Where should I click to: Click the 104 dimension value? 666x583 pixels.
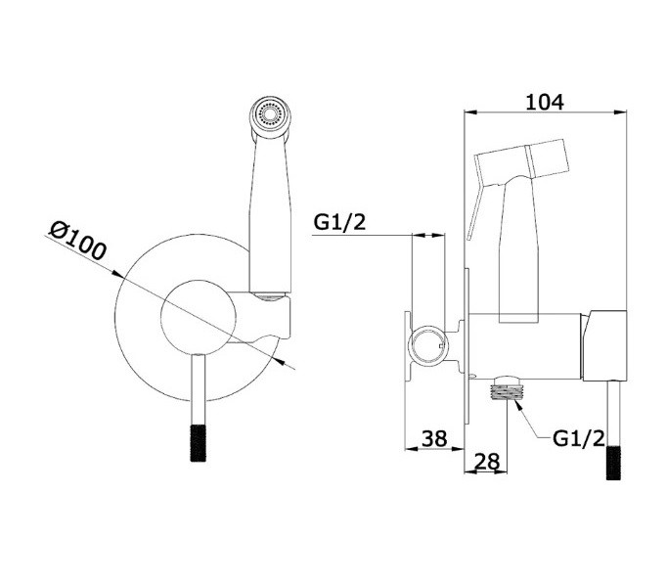coord(545,102)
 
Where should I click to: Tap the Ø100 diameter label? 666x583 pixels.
coord(77,241)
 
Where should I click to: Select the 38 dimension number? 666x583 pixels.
coord(434,438)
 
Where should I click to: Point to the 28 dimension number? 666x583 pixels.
coord(487,461)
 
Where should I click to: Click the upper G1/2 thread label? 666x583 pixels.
coord(339,221)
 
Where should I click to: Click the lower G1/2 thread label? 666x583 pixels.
coord(578,438)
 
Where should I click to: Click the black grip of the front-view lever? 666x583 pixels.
coord(198,443)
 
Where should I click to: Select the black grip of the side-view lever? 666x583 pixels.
coord(613,463)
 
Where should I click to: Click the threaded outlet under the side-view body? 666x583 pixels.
coord(507,388)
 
